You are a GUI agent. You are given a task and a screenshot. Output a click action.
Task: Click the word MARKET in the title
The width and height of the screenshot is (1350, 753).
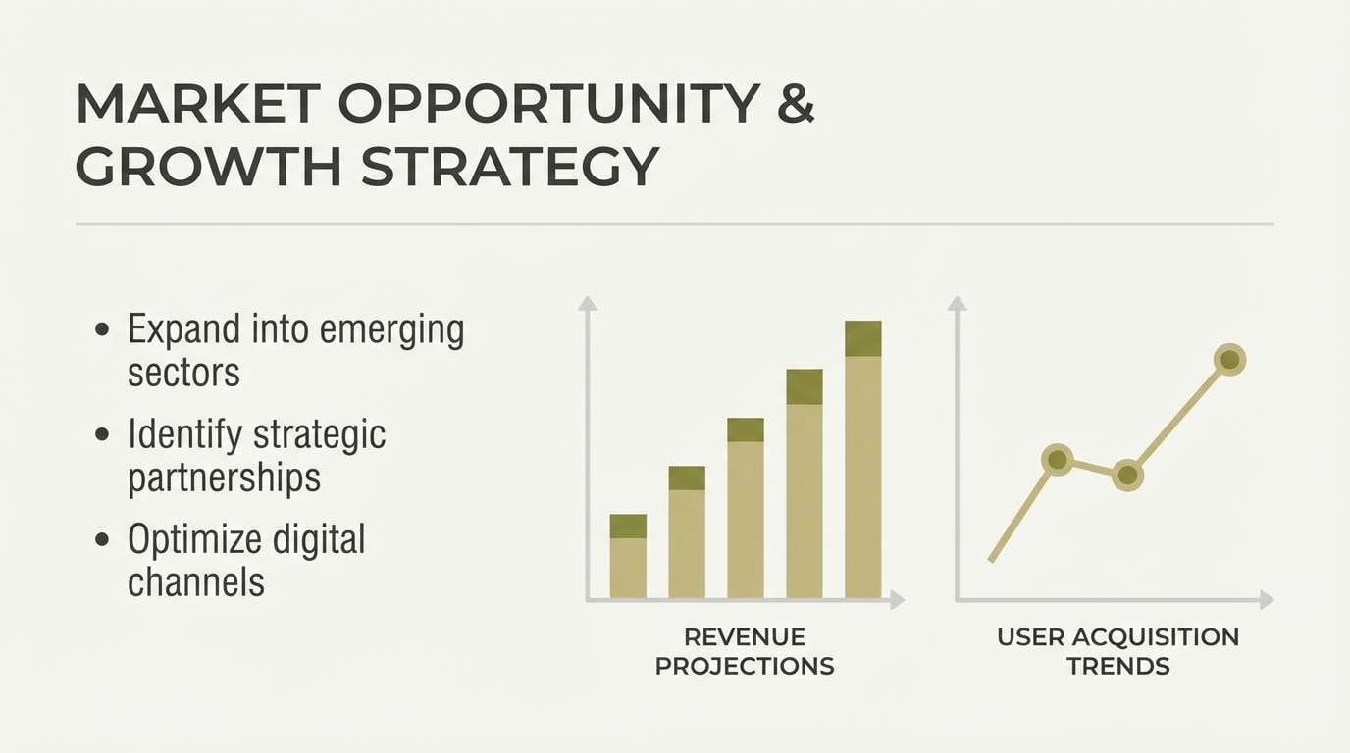198,104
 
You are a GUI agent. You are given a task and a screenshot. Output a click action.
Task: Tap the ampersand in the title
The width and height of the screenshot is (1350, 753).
796,104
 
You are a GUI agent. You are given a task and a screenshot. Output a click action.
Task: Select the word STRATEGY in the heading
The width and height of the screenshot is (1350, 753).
509,167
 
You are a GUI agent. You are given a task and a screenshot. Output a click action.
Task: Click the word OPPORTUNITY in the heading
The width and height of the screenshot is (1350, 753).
549,104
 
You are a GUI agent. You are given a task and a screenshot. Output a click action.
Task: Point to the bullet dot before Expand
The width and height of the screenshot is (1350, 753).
102,329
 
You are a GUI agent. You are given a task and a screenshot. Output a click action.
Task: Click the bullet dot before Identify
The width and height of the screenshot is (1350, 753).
102,434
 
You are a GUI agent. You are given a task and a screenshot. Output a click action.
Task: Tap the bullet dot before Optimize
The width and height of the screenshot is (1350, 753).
102,539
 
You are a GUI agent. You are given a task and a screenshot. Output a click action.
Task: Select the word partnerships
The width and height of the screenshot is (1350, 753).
225,478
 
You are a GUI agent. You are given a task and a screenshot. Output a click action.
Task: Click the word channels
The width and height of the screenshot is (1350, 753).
196,582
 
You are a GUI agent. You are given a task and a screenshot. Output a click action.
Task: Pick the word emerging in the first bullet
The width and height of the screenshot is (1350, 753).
391,331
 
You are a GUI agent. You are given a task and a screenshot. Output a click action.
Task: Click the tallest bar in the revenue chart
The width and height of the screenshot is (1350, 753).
863,460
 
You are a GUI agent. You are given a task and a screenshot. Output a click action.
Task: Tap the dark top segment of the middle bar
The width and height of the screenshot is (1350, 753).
746,430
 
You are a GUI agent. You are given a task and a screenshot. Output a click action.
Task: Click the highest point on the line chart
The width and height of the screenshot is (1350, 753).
1229,360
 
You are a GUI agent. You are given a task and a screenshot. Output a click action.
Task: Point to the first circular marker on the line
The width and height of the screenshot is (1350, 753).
1057,460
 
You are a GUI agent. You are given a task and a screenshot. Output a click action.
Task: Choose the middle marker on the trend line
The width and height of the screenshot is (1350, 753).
1127,476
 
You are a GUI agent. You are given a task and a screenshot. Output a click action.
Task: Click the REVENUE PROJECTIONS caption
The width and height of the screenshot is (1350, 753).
745,652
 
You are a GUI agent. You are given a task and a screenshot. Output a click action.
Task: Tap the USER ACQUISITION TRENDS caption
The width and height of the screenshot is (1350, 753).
1118,652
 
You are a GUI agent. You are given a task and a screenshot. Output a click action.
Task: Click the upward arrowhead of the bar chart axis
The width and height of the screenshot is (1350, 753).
587,303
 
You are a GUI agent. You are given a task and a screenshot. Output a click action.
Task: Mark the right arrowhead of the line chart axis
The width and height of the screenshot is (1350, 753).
1267,600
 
